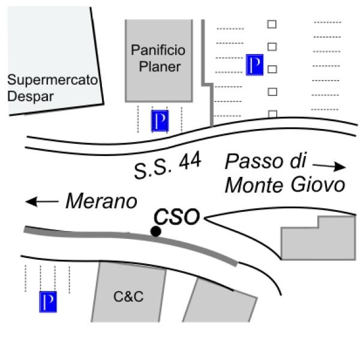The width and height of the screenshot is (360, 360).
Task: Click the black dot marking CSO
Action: (x=156, y=231)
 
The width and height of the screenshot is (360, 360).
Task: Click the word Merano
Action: (x=101, y=202)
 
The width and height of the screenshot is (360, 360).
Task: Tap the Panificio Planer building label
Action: (x=159, y=58)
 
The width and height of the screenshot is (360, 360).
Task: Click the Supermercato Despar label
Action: (x=51, y=87)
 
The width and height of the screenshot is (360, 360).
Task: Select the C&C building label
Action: (x=129, y=296)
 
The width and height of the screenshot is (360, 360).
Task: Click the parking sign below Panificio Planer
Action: (x=160, y=121)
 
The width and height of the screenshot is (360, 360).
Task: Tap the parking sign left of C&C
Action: (x=47, y=302)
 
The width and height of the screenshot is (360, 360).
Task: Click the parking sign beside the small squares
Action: (x=255, y=65)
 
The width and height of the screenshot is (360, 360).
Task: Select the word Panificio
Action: (x=159, y=49)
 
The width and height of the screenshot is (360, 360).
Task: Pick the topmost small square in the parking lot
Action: (x=272, y=24)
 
